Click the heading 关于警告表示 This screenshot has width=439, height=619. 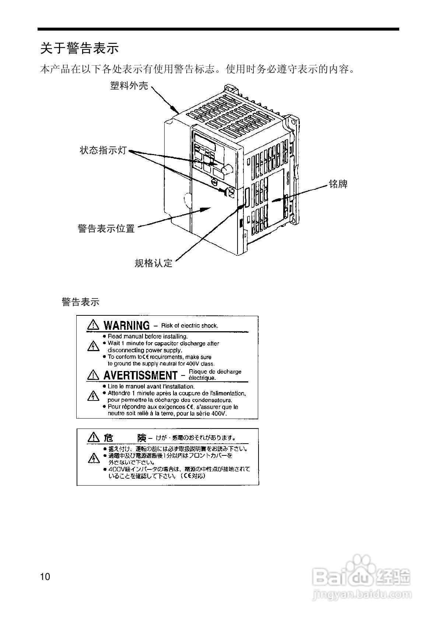point(80,48)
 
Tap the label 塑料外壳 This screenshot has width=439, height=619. point(129,85)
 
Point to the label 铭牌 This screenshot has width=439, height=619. point(338,184)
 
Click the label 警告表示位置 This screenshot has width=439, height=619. point(106,228)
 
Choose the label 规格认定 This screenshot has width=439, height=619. point(154,263)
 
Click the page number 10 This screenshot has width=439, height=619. point(45,577)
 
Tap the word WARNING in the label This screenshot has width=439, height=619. point(126,325)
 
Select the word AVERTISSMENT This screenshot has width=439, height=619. point(140,375)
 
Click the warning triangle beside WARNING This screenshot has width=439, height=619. point(93,325)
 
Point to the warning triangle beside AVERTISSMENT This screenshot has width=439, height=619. point(93,375)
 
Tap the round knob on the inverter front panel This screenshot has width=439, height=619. point(226,169)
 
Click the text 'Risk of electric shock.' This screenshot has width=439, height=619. point(190,325)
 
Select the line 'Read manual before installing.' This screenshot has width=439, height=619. point(147,336)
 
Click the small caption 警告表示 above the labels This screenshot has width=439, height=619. point(81,302)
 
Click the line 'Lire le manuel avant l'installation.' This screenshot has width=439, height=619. point(151,387)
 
